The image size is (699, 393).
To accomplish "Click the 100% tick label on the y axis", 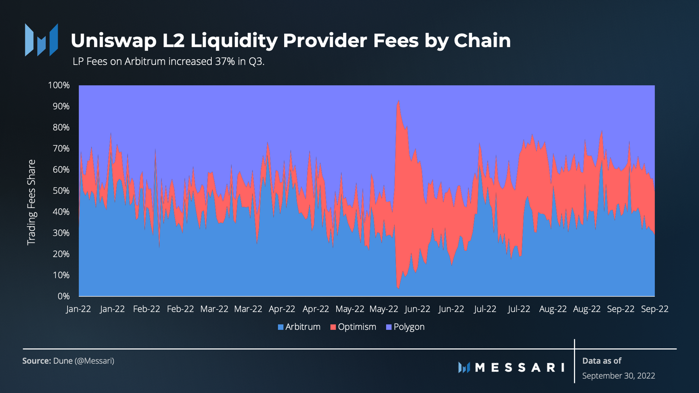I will pyautogui.click(x=59, y=85).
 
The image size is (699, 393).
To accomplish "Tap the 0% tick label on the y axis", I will pyautogui.click(x=63, y=296).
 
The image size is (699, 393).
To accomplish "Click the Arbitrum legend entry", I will pyautogui.click(x=299, y=327).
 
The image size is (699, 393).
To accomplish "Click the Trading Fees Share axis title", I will pyautogui.click(x=31, y=202).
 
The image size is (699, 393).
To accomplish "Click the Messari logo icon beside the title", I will pyautogui.click(x=41, y=40).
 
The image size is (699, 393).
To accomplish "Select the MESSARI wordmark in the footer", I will pyautogui.click(x=520, y=368).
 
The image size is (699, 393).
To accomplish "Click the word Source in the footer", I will pyautogui.click(x=37, y=361).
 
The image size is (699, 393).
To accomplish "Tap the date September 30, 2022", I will pyautogui.click(x=618, y=376).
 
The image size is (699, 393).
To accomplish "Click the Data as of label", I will pyautogui.click(x=602, y=361).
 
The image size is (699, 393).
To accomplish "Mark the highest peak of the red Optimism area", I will pyautogui.click(x=398, y=101).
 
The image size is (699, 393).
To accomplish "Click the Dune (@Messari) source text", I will pyautogui.click(x=84, y=361).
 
